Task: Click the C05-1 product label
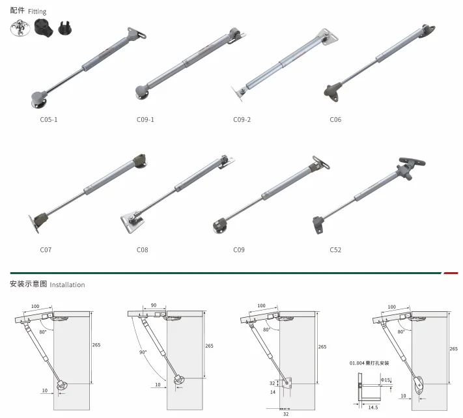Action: [49, 119]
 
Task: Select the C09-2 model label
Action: [242, 119]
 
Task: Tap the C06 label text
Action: [335, 119]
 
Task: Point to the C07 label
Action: [45, 249]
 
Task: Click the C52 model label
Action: [335, 249]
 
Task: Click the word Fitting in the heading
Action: [37, 12]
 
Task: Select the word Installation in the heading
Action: [67, 285]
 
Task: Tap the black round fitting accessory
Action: [42, 29]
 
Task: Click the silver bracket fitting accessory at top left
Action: [19, 28]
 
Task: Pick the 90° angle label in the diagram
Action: [143, 352]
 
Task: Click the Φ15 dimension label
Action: [386, 380]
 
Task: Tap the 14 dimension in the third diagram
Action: [272, 392]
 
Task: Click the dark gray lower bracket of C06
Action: [333, 88]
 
